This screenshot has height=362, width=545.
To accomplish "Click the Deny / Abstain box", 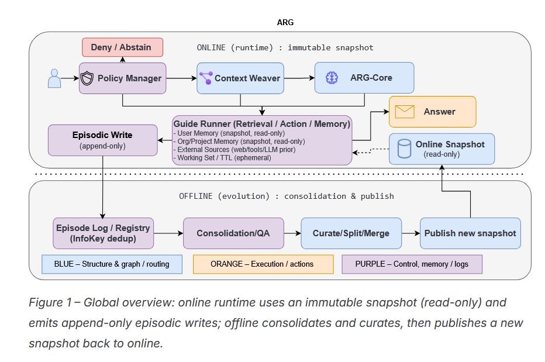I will click(x=122, y=47).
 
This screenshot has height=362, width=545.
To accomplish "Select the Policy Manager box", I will click(x=123, y=78).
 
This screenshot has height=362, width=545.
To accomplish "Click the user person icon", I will click(x=54, y=78).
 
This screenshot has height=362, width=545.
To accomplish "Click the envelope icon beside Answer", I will click(x=403, y=111).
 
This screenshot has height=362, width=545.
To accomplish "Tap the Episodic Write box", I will click(x=103, y=140).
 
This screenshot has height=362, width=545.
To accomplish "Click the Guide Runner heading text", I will click(x=261, y=123).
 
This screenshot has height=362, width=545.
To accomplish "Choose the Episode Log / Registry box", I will click(x=103, y=233).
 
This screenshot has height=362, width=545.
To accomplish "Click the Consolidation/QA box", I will click(x=233, y=233).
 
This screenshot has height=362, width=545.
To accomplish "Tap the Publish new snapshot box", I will click(x=470, y=233).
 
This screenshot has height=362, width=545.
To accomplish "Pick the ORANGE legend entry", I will click(x=263, y=264).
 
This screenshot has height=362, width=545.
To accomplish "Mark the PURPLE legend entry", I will click(x=412, y=264).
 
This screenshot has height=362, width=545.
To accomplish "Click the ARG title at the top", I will click(x=285, y=22).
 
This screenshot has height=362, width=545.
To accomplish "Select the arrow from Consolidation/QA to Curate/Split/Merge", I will click(x=292, y=233).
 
